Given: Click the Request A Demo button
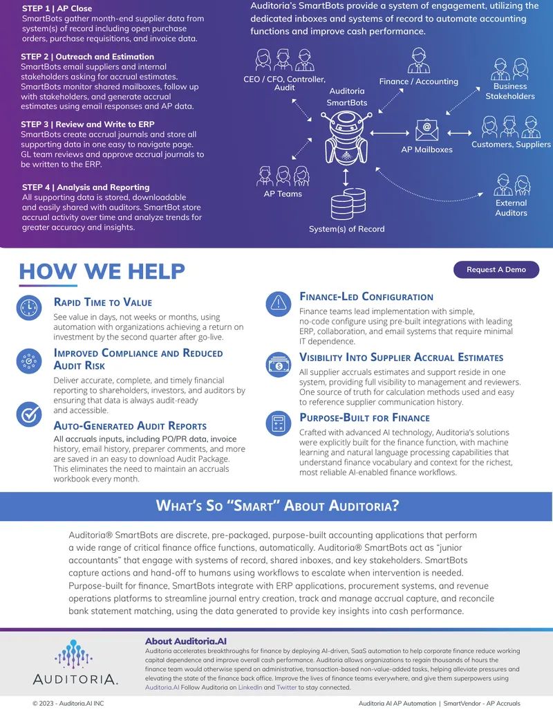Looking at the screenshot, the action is click(x=496, y=269).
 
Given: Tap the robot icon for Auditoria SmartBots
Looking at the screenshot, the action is click(x=346, y=138).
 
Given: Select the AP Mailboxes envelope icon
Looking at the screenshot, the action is click(x=427, y=129).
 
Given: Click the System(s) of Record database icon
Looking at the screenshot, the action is click(x=348, y=203).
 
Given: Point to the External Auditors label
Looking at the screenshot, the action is click(x=511, y=208).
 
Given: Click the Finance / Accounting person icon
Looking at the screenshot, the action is click(x=418, y=60).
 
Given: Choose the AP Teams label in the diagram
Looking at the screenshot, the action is click(x=283, y=194).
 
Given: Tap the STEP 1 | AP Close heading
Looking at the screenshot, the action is click(x=57, y=8).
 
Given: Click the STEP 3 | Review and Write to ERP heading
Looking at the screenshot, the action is click(x=88, y=125).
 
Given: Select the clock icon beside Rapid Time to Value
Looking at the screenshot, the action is click(x=29, y=307).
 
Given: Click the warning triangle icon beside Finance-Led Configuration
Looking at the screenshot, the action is click(x=279, y=304).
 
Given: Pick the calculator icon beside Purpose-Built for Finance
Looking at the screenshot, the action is click(x=279, y=423).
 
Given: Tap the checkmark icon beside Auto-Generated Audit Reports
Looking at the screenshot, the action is click(x=29, y=414).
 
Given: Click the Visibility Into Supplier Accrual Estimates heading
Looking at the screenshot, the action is click(x=402, y=357).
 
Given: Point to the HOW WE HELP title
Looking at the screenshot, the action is click(x=102, y=271).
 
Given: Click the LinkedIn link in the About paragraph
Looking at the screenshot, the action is click(x=250, y=687).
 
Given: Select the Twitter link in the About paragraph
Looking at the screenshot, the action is click(x=287, y=687).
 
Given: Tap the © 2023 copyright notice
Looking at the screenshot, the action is click(x=68, y=704).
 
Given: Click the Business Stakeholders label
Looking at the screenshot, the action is click(x=510, y=91).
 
